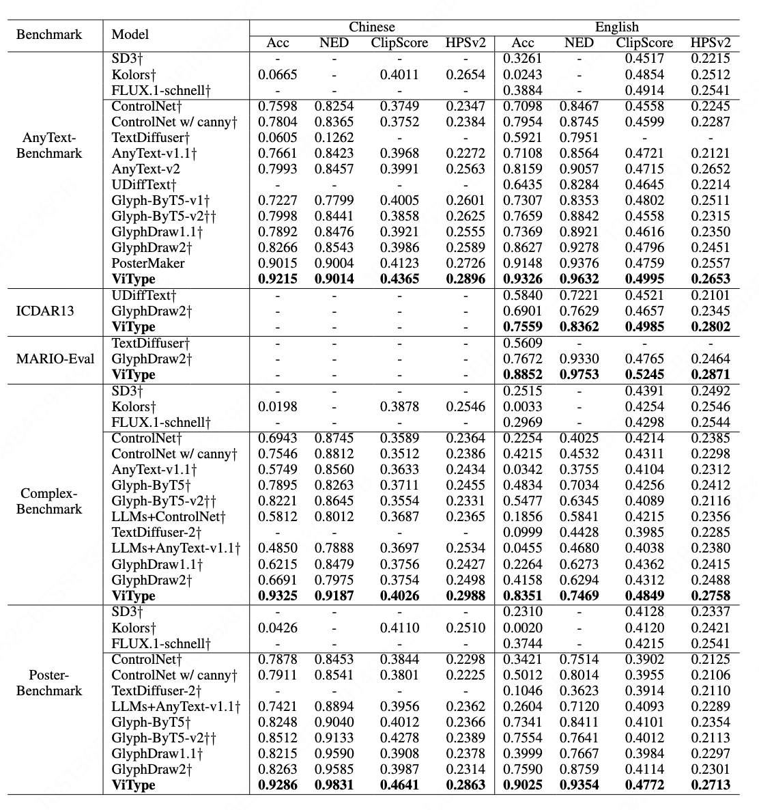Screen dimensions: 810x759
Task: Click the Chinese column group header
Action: tap(371, 27)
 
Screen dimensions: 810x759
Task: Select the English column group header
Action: tap(616, 27)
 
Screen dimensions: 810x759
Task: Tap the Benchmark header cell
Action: tap(48, 35)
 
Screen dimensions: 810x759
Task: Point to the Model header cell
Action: tap(130, 35)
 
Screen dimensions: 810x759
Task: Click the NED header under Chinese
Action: tap(333, 43)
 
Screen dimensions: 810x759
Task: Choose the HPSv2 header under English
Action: tap(710, 43)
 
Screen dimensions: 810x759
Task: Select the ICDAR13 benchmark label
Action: tap(44, 311)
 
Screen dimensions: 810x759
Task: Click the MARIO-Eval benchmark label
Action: tap(55, 359)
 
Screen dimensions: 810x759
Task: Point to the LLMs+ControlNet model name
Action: tap(169, 516)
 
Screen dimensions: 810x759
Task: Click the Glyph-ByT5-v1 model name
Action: tap(160, 200)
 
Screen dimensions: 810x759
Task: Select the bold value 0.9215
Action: tap(277, 279)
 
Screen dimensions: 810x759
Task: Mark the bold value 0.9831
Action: tap(334, 785)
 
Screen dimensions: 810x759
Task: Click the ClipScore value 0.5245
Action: tap(644, 374)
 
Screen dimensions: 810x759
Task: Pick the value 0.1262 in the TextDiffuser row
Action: tap(334, 137)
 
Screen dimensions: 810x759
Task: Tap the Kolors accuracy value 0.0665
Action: tap(277, 74)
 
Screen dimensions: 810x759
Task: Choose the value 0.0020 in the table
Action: tap(523, 628)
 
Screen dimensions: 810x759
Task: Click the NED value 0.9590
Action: tap(334, 753)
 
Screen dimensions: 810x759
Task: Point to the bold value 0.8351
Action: tap(523, 596)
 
